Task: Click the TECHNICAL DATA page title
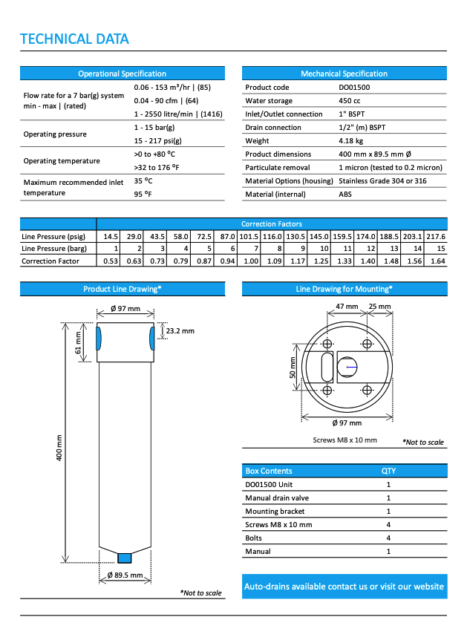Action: [x=74, y=39]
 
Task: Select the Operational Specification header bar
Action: [x=122, y=74]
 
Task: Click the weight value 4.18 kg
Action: [x=350, y=140]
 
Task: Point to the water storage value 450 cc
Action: [x=350, y=101]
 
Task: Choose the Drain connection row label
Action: [x=273, y=128]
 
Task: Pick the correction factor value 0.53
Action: [x=111, y=261]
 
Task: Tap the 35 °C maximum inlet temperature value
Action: [x=143, y=180]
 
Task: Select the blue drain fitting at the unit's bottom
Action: [x=125, y=557]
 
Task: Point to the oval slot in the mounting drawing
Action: [x=327, y=366]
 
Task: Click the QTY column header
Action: [x=388, y=471]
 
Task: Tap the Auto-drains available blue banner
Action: [x=344, y=587]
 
